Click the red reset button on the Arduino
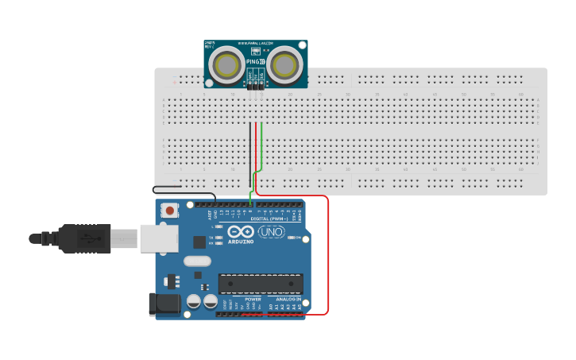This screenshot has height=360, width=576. (x=169, y=211)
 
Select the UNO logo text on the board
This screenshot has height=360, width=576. (x=271, y=232)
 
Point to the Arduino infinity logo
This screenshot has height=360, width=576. (x=240, y=231)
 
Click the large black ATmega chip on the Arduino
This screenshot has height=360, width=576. (x=261, y=283)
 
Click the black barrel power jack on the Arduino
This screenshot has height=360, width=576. (x=162, y=304)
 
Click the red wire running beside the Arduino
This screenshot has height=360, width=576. (x=328, y=254)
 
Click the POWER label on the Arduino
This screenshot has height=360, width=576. (x=253, y=299)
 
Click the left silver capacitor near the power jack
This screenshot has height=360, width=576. (x=193, y=301)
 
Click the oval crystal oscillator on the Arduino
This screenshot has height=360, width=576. (x=197, y=261)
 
